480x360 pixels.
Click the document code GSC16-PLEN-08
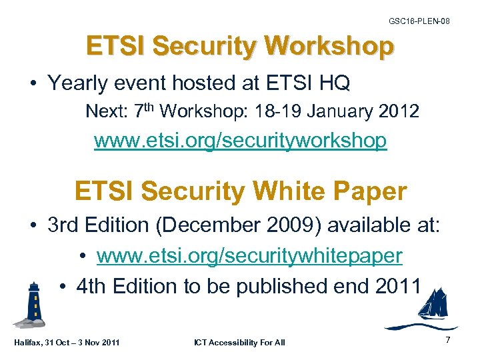[x=419, y=21]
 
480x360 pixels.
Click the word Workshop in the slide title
[x=329, y=47]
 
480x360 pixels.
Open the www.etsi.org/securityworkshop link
[x=240, y=141]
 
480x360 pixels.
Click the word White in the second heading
[x=294, y=191]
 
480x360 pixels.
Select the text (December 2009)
[x=241, y=225]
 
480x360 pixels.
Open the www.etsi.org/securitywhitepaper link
[x=249, y=255]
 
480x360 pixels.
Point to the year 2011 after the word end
[x=398, y=286]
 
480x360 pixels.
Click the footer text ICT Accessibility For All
[x=239, y=343]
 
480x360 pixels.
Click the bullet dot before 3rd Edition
[x=33, y=225]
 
